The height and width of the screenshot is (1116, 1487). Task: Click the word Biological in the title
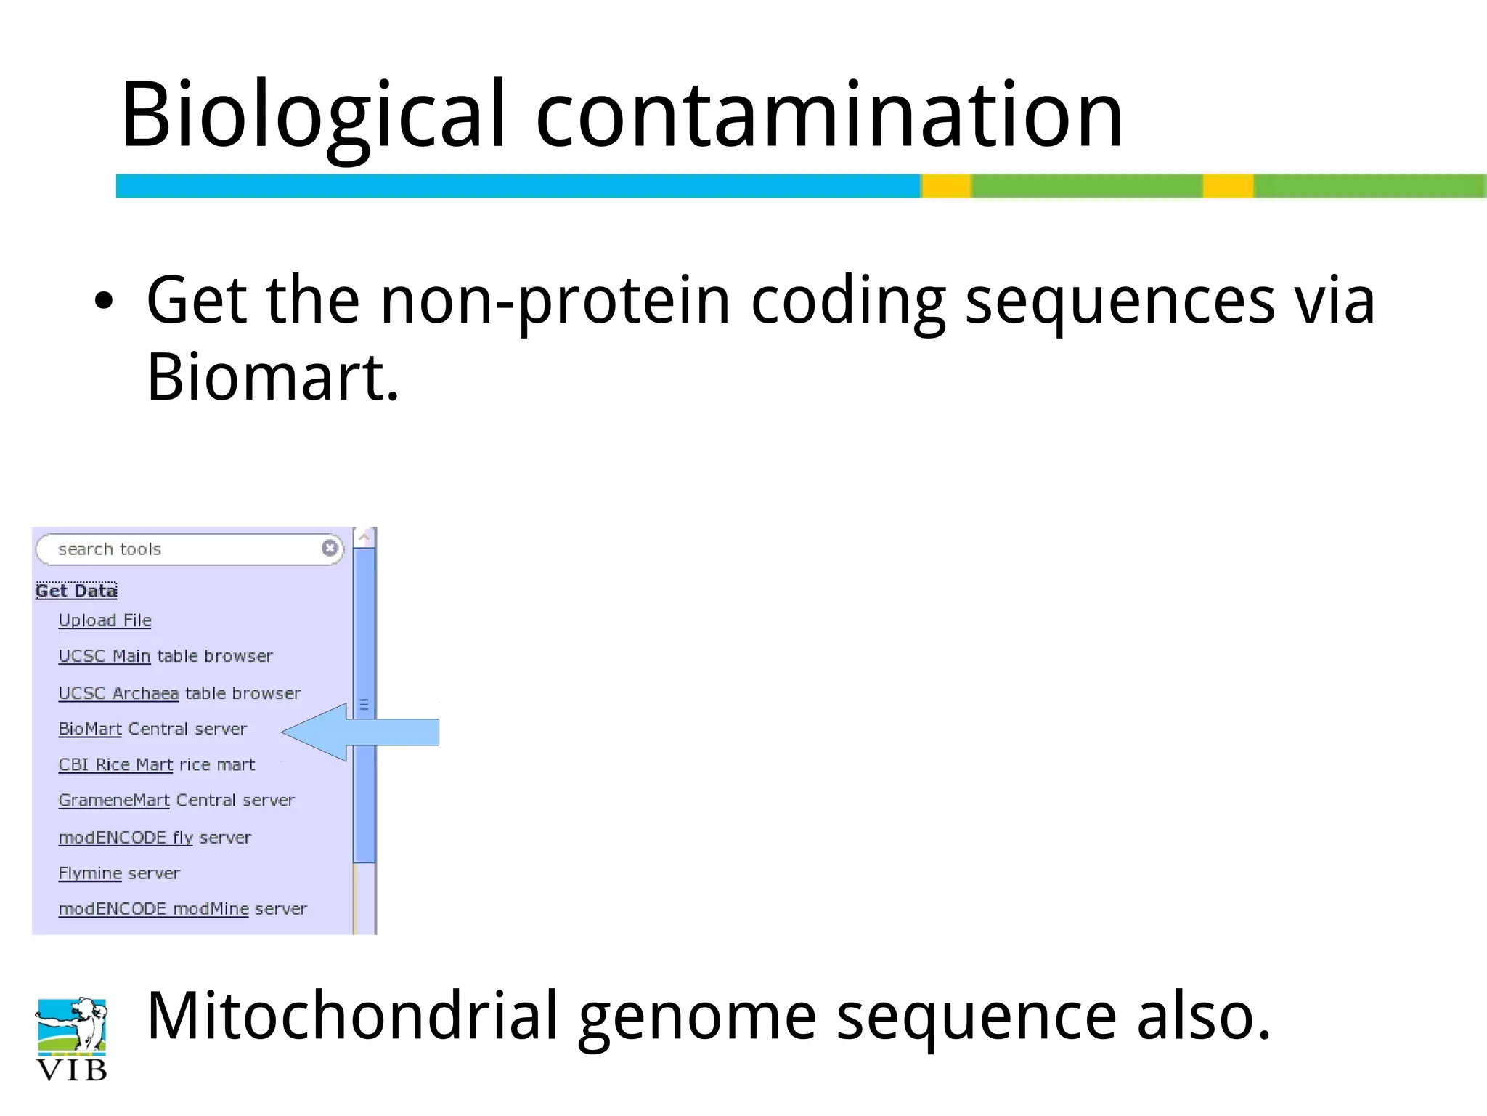point(312,116)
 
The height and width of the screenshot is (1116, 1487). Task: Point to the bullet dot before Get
point(104,302)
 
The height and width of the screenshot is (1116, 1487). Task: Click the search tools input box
point(182,549)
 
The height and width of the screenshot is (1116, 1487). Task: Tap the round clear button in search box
point(330,548)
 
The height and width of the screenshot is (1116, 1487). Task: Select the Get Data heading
point(76,591)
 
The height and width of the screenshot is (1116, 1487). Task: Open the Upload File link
point(105,620)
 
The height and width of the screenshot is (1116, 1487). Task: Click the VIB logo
point(71,1039)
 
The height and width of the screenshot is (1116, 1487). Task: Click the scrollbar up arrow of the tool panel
point(364,538)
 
